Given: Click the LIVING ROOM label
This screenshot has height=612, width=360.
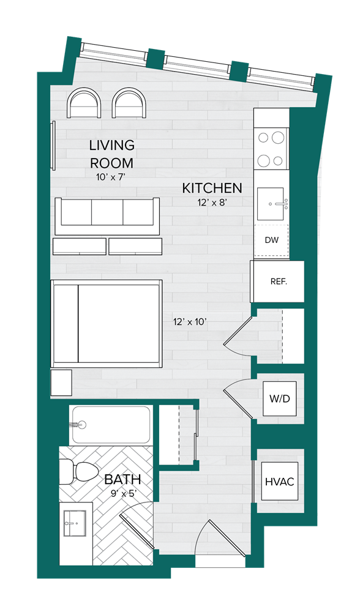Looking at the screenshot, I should [x=111, y=154].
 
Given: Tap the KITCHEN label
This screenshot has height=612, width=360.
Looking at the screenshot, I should [x=212, y=188].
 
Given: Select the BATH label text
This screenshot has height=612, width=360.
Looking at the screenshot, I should [x=122, y=479].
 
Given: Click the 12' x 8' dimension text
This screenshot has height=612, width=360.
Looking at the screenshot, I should [x=212, y=203].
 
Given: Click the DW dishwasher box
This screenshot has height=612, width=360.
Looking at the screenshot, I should [x=271, y=240].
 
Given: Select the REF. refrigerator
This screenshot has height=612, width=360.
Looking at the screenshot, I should [x=279, y=282].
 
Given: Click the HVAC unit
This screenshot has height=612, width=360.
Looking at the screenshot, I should [x=279, y=482].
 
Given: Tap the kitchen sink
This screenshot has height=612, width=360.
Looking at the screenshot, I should [x=271, y=203].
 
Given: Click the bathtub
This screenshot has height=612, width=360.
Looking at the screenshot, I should [x=110, y=424].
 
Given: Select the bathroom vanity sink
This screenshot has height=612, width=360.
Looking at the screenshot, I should [x=75, y=524].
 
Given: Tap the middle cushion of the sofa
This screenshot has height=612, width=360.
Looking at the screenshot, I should [x=107, y=213].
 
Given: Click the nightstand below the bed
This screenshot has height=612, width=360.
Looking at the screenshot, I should [x=61, y=382].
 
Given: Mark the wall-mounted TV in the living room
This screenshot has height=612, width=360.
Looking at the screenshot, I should [x=53, y=146].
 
